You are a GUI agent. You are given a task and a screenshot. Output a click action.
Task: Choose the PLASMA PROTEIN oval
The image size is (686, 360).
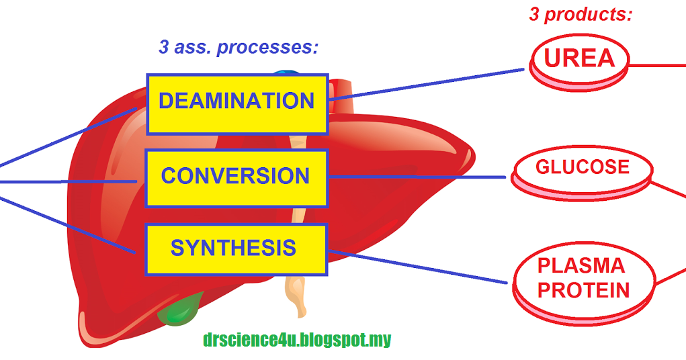click(583, 279)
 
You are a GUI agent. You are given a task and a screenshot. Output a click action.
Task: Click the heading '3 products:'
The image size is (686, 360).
click(581, 15)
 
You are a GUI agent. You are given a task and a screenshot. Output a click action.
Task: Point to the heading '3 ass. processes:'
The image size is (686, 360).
click(238, 48)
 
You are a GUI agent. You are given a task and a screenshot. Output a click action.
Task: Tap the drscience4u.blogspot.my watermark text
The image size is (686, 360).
click(296, 340)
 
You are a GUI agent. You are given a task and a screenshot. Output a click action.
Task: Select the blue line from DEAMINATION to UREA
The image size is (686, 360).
click(430, 84)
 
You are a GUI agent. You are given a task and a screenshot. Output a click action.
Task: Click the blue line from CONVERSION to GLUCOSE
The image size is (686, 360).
click(417, 177)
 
